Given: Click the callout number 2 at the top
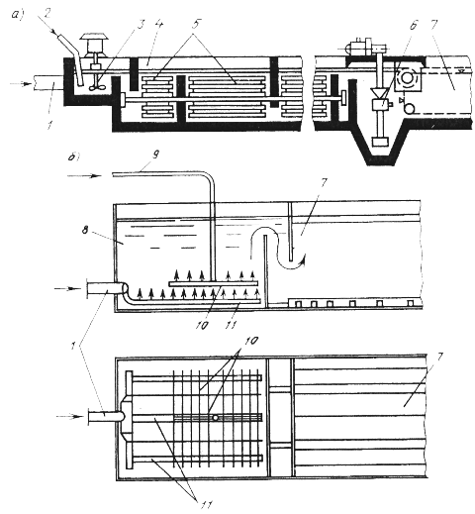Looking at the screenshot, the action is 47,15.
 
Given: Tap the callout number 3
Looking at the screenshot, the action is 141,23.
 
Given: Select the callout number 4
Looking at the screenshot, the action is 158,23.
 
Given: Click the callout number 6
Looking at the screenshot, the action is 414,25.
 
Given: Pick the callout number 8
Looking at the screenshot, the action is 85,230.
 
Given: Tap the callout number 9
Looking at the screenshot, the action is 155,154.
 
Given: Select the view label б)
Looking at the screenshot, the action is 73,156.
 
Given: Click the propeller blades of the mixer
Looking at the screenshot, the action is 98,86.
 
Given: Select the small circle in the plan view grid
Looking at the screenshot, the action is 216,418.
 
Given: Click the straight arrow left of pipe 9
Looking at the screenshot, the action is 84,176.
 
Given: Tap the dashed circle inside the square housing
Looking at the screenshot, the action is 407,78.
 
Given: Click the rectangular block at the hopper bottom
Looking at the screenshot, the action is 379,142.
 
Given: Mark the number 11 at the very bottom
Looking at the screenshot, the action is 206,504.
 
